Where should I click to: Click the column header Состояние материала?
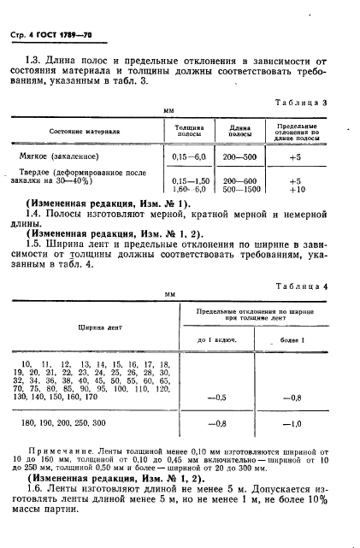(83, 133)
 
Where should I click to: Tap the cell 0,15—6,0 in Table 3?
(189, 157)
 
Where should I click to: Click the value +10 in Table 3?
(296, 190)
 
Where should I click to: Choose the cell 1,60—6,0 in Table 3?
(190, 190)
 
